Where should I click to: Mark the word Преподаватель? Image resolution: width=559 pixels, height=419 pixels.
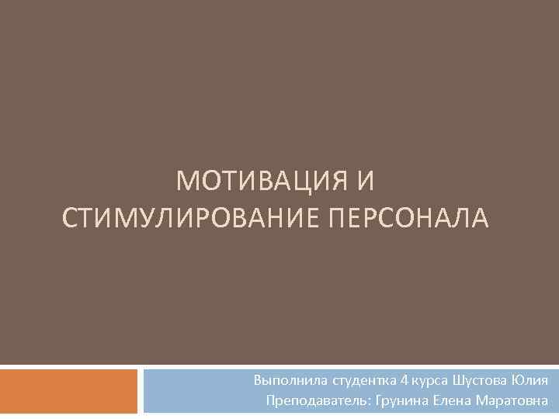tap(318, 401)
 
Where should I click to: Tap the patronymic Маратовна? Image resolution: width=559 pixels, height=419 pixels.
tap(510, 401)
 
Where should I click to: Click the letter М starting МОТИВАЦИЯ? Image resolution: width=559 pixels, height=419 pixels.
tap(186, 182)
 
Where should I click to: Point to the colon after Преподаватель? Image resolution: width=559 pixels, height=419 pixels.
tap(370, 403)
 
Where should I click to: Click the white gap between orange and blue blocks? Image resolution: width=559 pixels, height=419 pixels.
tap(141, 391)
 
